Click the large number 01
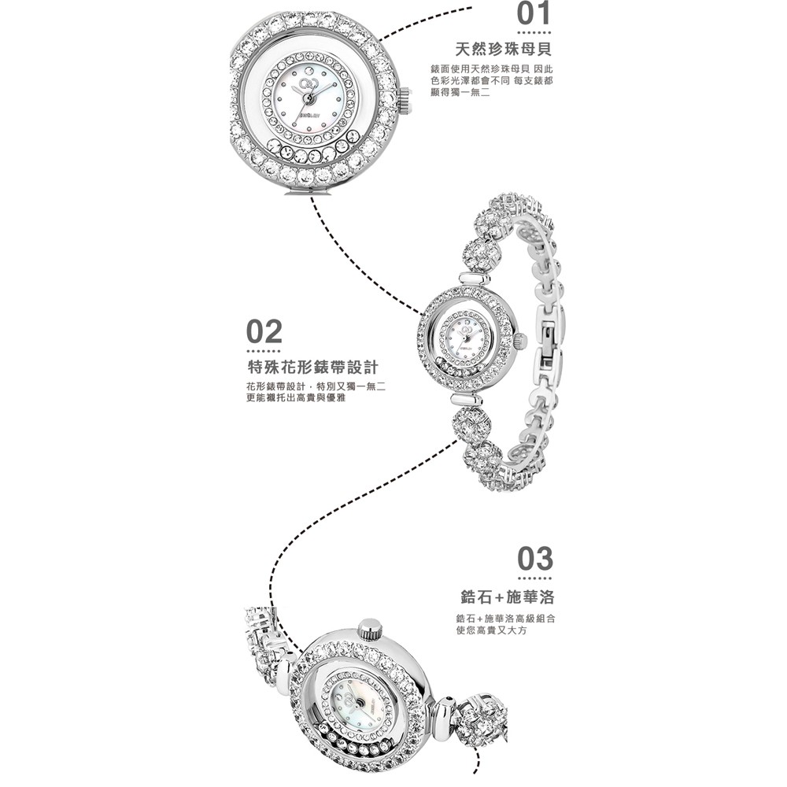(x=534, y=13)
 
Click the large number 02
(x=264, y=331)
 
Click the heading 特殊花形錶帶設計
(x=313, y=368)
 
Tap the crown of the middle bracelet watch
(x=520, y=341)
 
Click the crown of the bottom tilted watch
(x=370, y=628)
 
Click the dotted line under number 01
(x=534, y=34)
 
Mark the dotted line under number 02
(x=264, y=351)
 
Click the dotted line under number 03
(x=535, y=578)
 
